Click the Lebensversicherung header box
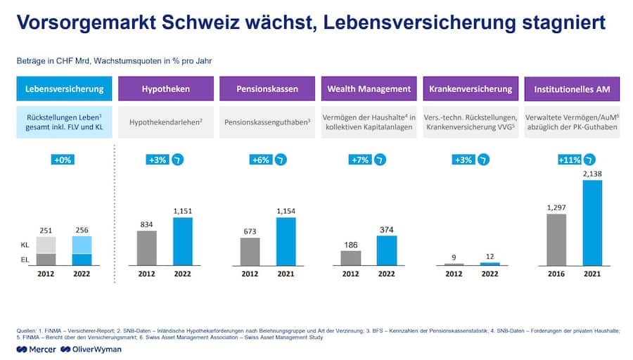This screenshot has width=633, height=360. pyautogui.click(x=64, y=89)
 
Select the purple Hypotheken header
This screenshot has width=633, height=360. pyautogui.click(x=165, y=89)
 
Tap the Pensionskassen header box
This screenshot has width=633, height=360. pyautogui.click(x=267, y=89)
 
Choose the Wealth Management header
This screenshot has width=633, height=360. pyautogui.click(x=369, y=89)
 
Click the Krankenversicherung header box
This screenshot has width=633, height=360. pyautogui.click(x=471, y=89)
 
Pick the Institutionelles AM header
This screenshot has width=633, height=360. pyautogui.click(x=572, y=89)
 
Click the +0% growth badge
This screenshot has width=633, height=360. pyautogui.click(x=63, y=160)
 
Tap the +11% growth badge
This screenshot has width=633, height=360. pyautogui.click(x=568, y=160)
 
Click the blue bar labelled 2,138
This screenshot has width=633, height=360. pyautogui.click(x=592, y=222)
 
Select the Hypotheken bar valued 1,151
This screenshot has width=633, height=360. pyautogui.click(x=182, y=241)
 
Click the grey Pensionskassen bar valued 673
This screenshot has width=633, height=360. pyautogui.click(x=250, y=251)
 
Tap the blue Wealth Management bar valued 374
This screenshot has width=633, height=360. pyautogui.click(x=387, y=250)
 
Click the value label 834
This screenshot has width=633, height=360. pyautogui.click(x=147, y=224)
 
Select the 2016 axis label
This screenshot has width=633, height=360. pyautogui.click(x=556, y=274)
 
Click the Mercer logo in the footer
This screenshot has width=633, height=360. pyautogui.click(x=37, y=349)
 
